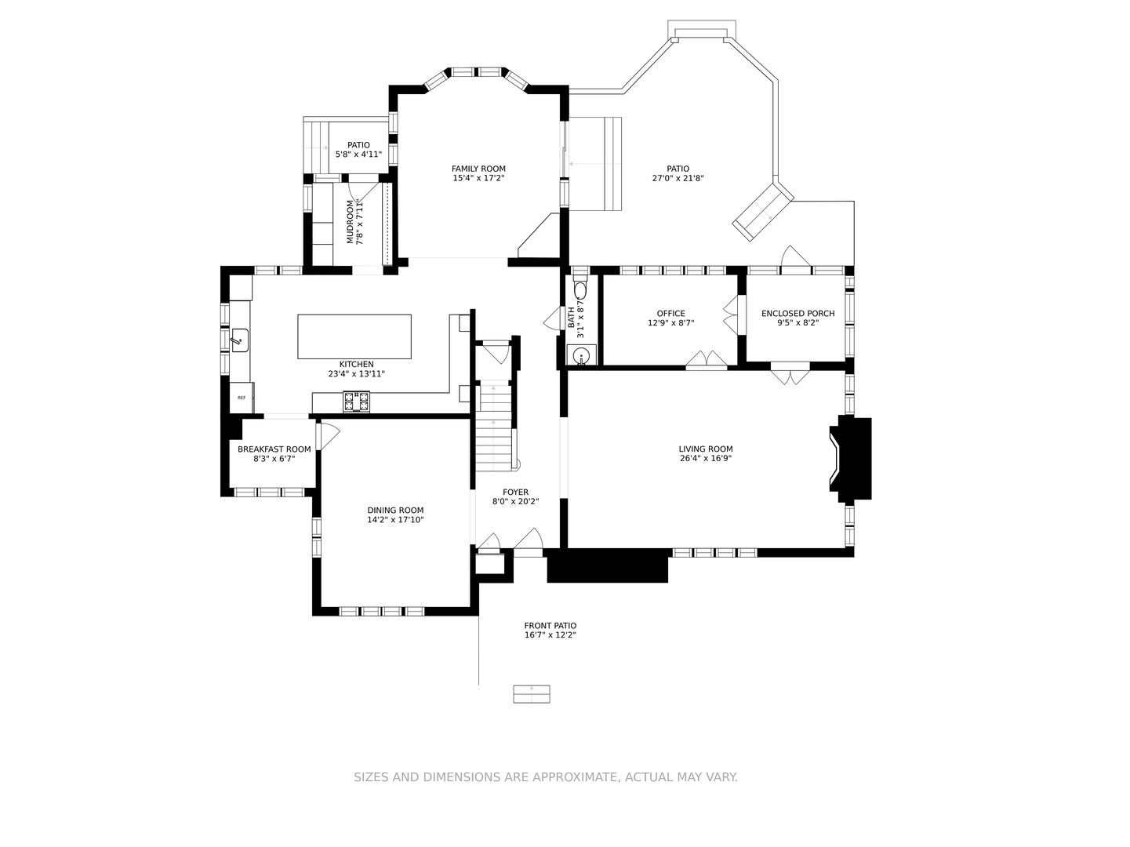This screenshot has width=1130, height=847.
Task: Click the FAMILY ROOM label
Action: tap(478, 169)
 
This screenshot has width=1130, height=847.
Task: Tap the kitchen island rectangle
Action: tap(354, 336)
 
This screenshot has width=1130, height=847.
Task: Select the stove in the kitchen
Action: tap(356, 402)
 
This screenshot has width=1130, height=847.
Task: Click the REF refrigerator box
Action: tap(242, 398)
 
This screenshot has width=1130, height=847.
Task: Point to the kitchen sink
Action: tap(240, 340)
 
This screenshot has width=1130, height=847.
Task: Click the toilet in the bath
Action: tap(580, 289)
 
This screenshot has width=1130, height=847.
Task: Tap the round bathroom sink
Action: tap(581, 355)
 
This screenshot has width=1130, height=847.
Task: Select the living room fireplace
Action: tap(850, 459)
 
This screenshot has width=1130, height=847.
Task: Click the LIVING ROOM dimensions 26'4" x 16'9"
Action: tap(705, 458)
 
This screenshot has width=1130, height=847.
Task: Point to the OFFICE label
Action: tap(670, 314)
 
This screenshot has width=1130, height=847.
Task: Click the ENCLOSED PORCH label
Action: tap(798, 314)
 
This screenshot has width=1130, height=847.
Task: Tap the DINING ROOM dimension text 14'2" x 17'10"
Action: tap(395, 520)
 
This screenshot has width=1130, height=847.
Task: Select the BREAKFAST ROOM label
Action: tap(274, 449)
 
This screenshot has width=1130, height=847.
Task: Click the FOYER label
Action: tap(515, 493)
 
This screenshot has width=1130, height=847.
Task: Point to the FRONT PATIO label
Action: tap(550, 626)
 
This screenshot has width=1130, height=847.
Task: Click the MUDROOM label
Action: tap(350, 222)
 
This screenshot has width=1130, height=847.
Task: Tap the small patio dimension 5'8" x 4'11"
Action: tap(358, 154)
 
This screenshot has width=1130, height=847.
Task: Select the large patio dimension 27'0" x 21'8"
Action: tap(678, 178)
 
